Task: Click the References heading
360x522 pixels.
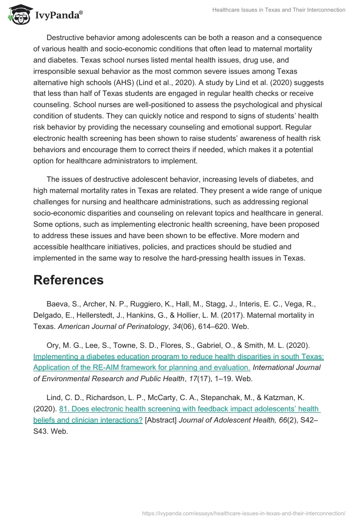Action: point(68,280)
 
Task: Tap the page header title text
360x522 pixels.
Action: point(279,10)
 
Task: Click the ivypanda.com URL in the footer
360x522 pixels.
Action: point(243,513)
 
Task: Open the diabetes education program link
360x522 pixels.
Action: point(179,362)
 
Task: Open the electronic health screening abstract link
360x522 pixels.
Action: point(176,414)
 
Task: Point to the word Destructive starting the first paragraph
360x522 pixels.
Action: point(66,37)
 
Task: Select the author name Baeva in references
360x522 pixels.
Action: point(57,303)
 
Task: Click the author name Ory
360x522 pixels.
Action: point(53,345)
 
